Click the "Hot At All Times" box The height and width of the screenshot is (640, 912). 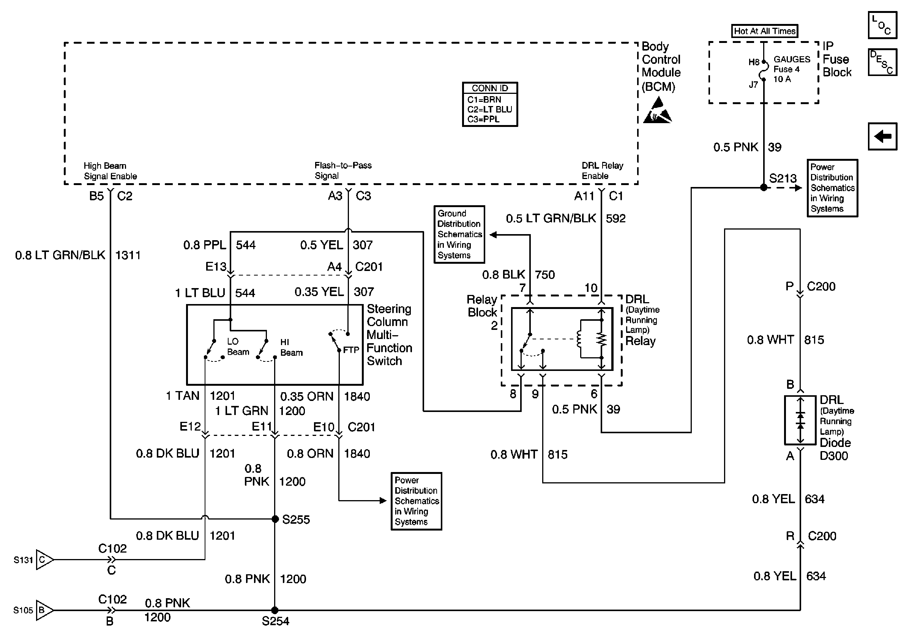[764, 31]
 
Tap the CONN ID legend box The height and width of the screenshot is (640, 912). [490, 104]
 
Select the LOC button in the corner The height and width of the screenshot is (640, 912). [882, 25]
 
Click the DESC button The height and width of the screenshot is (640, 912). [882, 62]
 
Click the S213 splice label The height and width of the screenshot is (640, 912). [783, 179]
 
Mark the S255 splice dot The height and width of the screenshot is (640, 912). [275, 519]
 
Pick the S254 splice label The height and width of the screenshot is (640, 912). [275, 621]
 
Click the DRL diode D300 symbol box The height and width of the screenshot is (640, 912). [800, 420]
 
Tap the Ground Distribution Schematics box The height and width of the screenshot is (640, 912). [459, 234]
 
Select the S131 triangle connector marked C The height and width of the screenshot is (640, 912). [44, 560]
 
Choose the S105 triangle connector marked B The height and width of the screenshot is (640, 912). [44, 610]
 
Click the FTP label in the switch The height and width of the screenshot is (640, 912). [351, 350]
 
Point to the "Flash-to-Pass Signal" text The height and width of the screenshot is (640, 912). [343, 171]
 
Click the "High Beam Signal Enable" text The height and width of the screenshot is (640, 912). [110, 171]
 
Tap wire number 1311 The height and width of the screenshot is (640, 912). [128, 255]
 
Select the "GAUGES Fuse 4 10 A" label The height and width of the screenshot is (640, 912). [791, 69]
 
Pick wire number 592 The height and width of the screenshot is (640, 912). [615, 219]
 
